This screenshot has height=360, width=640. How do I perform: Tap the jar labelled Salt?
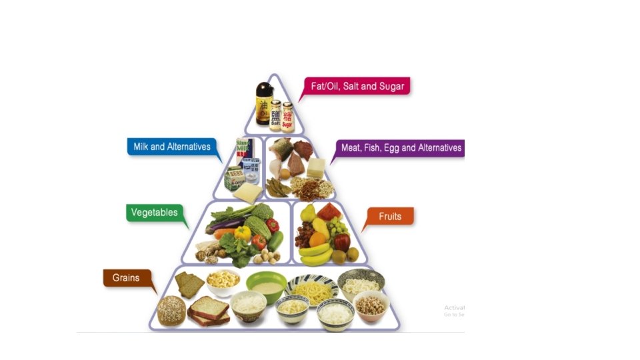[275, 115]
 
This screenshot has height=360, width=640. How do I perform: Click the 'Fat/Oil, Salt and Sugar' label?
[357, 87]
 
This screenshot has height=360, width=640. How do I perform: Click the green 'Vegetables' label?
[155, 213]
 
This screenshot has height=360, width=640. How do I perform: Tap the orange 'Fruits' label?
[390, 216]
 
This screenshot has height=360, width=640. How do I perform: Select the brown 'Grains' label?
[126, 277]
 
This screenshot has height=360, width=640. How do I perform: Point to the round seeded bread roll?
[171, 311]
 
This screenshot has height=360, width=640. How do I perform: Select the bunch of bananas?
[315, 254]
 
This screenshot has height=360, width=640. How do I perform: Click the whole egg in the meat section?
[285, 174]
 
